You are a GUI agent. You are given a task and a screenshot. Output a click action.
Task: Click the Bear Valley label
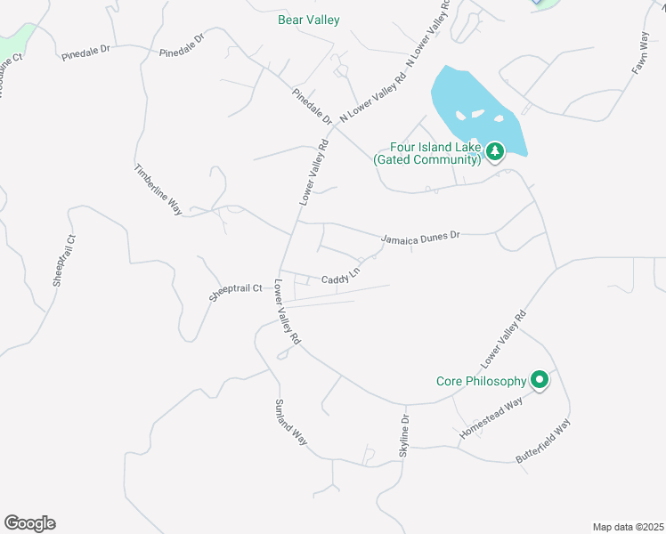(x=307, y=20)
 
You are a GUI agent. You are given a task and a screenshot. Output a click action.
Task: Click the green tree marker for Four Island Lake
(x=495, y=151)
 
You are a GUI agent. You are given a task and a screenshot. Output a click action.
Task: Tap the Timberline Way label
(x=158, y=190)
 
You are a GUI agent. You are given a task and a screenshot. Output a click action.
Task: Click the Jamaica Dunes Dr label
(x=420, y=237)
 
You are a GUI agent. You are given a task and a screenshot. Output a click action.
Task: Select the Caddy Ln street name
(x=340, y=279)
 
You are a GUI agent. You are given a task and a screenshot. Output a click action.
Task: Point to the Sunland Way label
(x=291, y=423)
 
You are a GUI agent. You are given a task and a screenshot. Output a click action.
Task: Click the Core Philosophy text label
(x=481, y=381)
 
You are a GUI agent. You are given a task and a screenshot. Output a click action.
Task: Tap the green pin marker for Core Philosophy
(x=539, y=380)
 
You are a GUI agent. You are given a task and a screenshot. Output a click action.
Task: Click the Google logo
(x=29, y=523)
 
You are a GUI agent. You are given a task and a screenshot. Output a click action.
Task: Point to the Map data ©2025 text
(x=628, y=527)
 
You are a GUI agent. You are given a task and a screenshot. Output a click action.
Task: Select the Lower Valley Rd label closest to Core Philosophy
(x=504, y=341)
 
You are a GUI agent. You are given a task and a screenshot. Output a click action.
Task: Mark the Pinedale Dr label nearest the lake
(x=311, y=105)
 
